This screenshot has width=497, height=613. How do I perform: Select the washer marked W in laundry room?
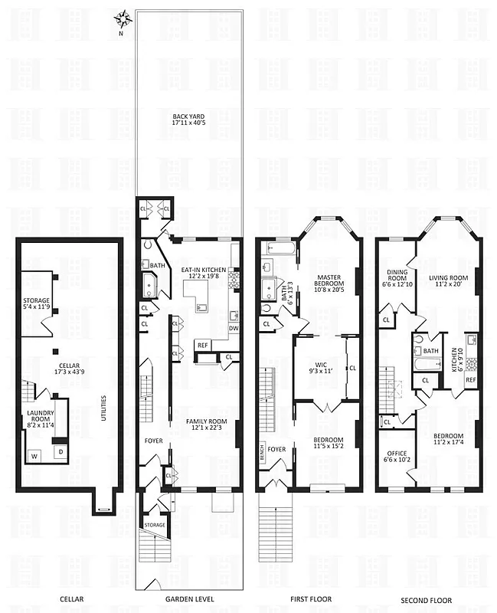[33, 456]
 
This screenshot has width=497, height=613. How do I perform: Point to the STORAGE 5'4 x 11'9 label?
[35, 304]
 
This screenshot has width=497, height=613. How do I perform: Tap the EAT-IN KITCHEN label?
[203, 274]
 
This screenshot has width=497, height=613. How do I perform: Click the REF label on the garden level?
[202, 345]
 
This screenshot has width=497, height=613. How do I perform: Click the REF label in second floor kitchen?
[470, 379]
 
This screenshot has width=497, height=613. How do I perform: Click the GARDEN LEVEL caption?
[190, 601]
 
